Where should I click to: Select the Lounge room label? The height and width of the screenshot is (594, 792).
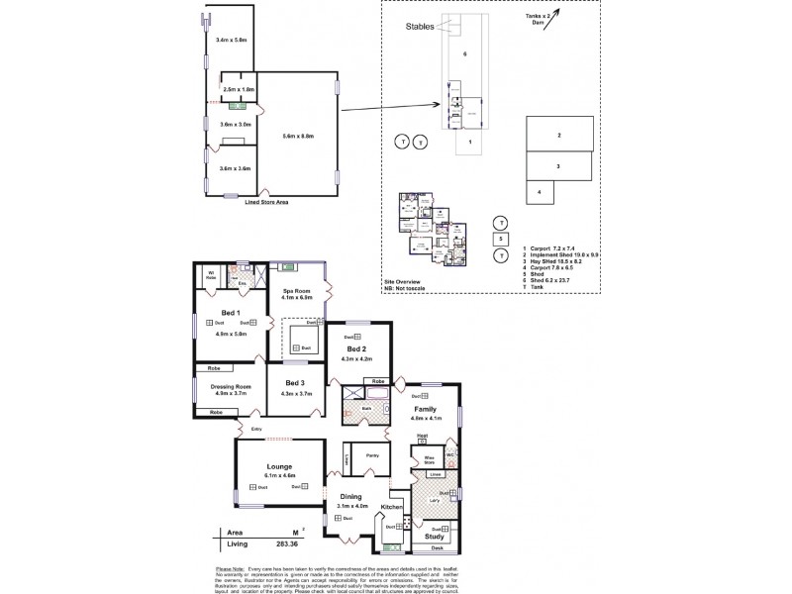tap(278, 467)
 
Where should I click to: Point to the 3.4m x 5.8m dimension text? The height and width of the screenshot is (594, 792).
tap(230, 40)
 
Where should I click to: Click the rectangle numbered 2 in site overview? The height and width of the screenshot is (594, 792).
tap(559, 135)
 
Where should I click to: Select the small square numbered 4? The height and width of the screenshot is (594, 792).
tap(539, 191)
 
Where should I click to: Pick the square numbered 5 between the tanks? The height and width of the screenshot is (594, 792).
tap(502, 239)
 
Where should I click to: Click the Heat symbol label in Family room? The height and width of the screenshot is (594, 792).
tap(421, 435)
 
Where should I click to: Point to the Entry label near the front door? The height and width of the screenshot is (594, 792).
tap(256, 428)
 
